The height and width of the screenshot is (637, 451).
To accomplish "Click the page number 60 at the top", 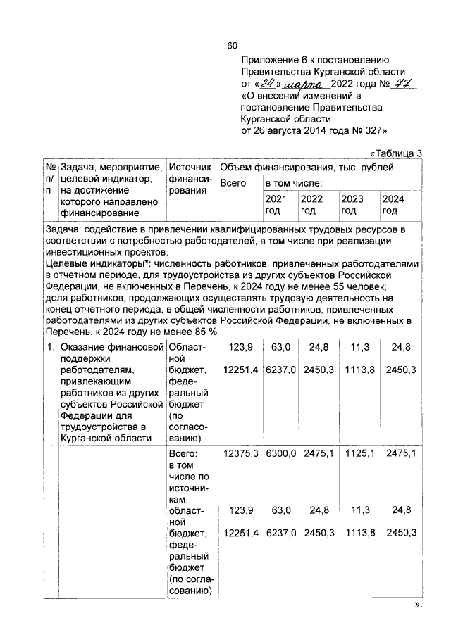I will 232,46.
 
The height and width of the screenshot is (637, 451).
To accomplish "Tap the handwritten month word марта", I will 300,84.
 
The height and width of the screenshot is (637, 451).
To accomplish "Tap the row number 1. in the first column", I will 51,347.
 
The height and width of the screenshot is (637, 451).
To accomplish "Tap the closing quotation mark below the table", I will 419,605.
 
